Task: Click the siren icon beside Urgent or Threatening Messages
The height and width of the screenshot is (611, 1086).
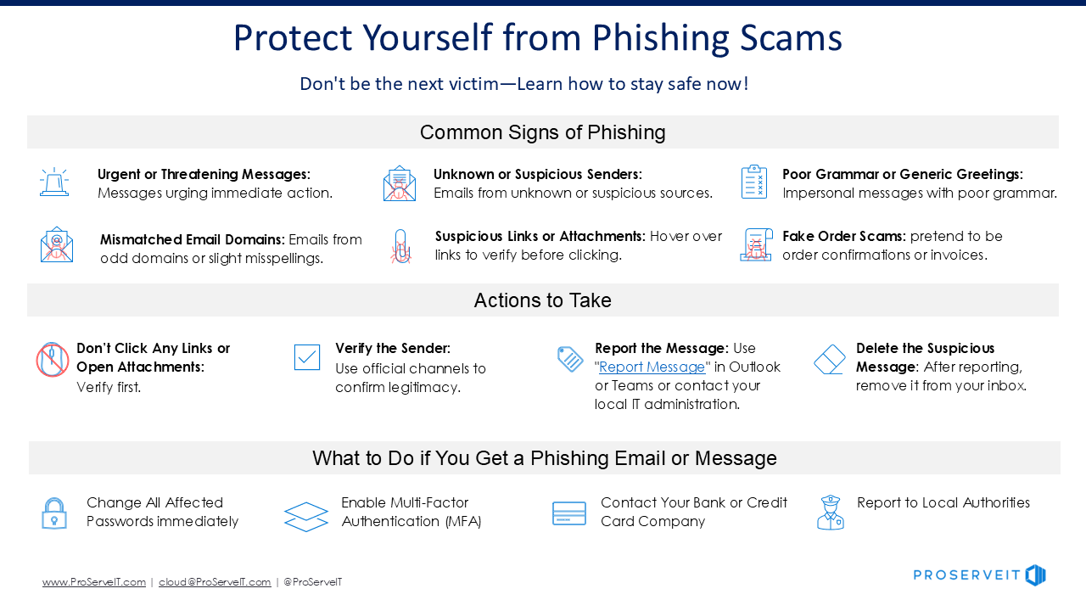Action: tap(54, 182)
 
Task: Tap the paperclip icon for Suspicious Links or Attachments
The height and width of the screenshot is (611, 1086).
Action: tap(401, 246)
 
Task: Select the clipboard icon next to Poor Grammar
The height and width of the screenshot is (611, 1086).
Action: tap(754, 182)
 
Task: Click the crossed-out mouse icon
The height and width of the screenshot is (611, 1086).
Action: tap(53, 359)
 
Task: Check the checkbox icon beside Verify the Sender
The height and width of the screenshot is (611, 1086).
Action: tap(307, 357)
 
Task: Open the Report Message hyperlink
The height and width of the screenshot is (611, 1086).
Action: tap(652, 367)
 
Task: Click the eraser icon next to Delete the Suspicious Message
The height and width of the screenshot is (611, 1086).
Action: tap(830, 359)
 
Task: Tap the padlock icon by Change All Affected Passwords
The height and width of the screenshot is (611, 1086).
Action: tap(54, 513)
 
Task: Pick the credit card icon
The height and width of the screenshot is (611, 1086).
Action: tap(569, 513)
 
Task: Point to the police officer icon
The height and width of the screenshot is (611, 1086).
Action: tap(831, 513)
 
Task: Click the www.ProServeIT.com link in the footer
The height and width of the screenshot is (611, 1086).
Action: tap(94, 582)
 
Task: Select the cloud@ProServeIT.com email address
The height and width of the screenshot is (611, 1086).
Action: tap(215, 582)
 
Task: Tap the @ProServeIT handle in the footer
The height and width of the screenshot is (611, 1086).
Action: tap(313, 582)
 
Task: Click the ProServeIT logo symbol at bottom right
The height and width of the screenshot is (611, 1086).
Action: tap(1036, 575)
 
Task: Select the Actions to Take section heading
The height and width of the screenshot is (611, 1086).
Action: tap(542, 300)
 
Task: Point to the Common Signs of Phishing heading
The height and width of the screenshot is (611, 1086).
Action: tap(542, 132)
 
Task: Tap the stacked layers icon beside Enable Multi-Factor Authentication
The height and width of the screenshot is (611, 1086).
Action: tap(306, 517)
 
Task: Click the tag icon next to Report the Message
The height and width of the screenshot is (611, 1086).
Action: tap(570, 359)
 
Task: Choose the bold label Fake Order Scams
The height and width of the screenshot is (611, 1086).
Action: tap(844, 236)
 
